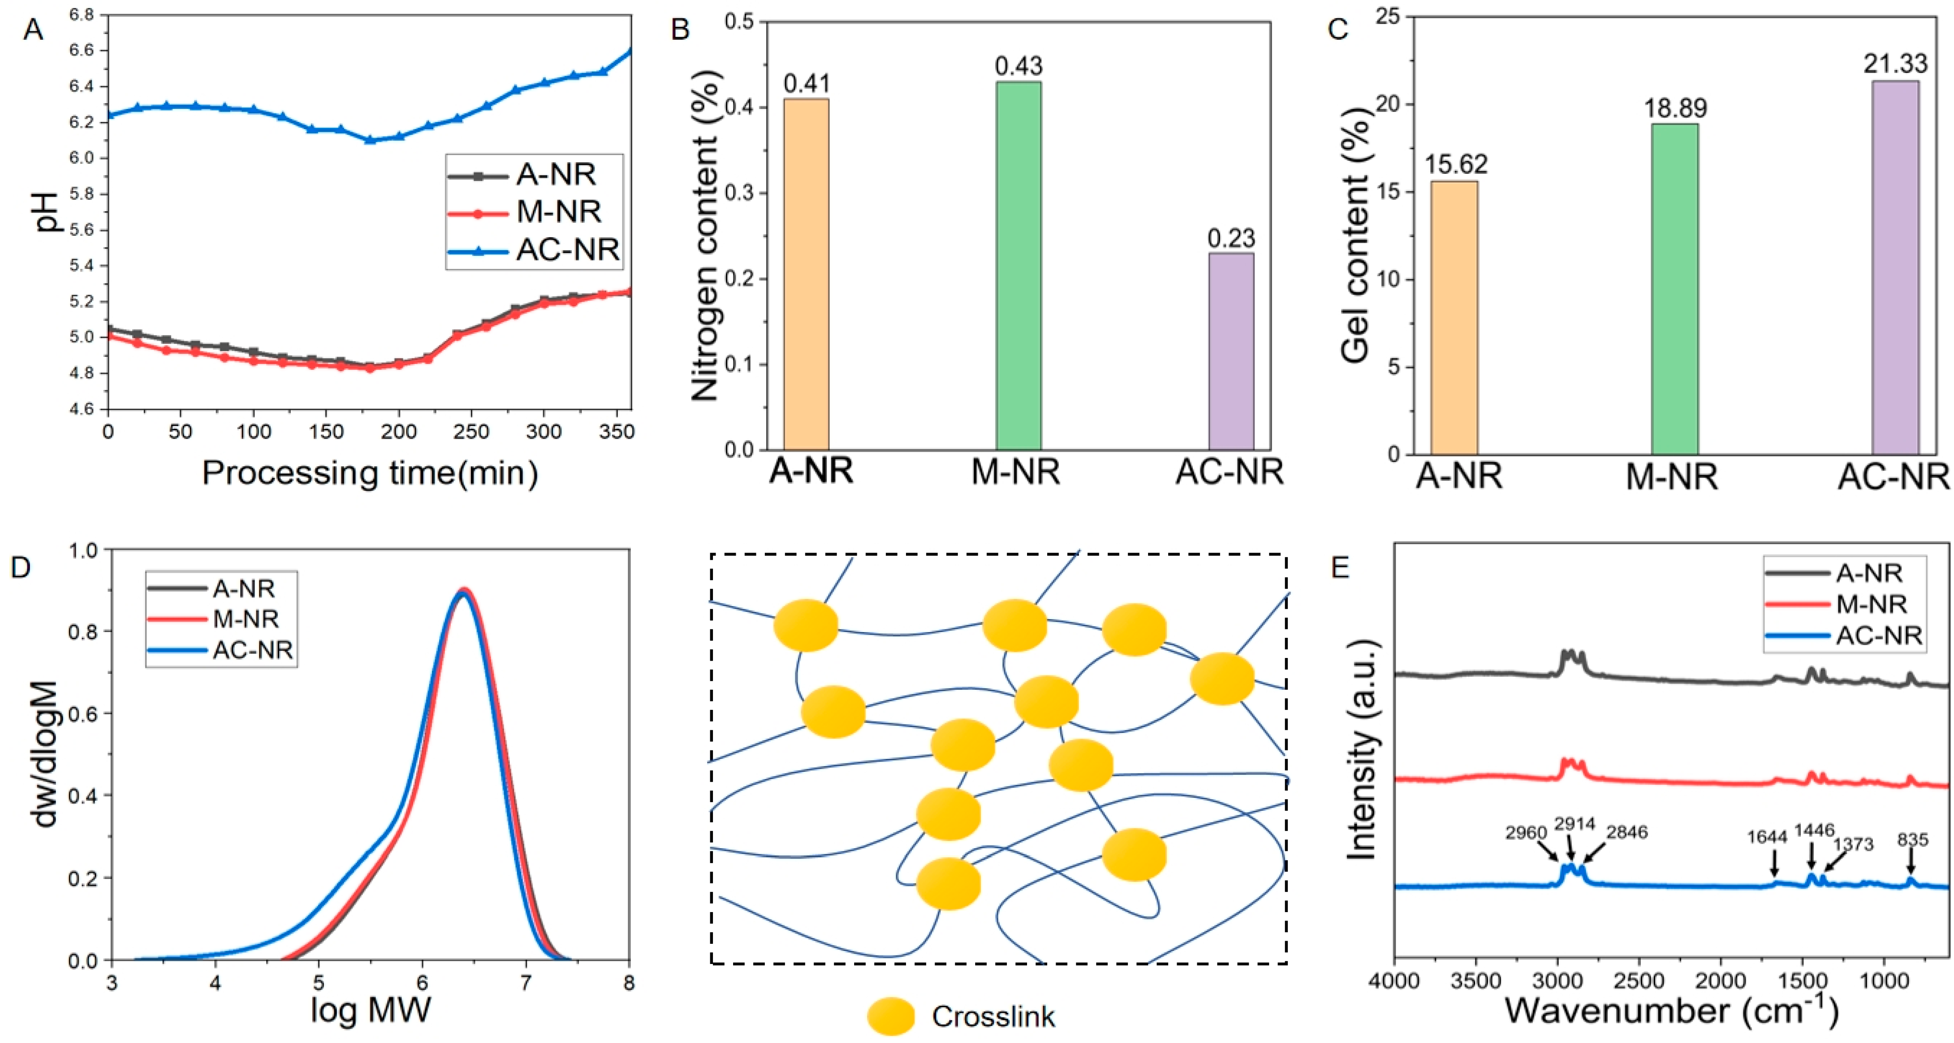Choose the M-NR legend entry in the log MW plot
245,619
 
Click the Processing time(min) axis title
370,473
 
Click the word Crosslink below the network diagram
993,1017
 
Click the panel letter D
21,567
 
